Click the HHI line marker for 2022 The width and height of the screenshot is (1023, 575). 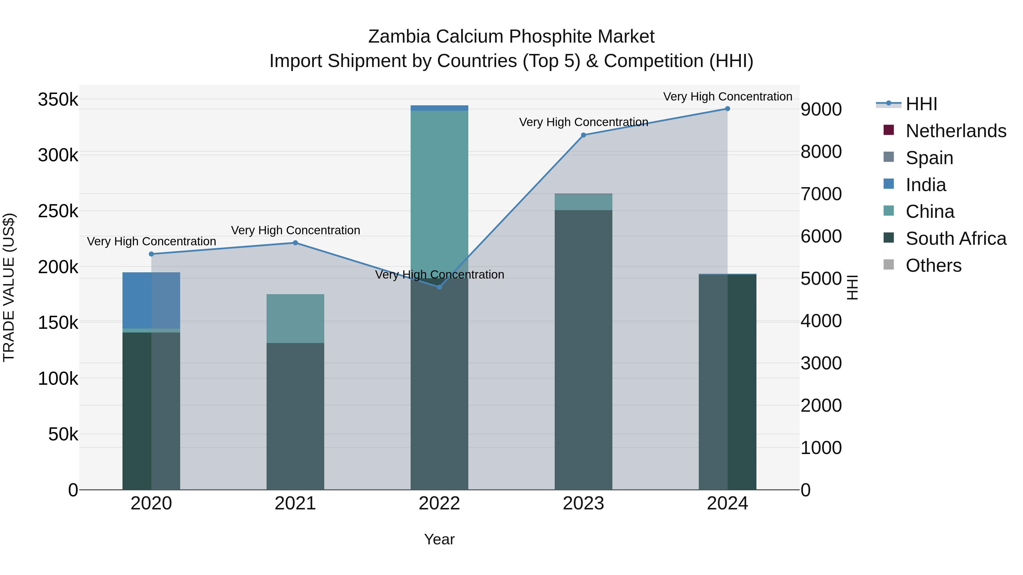pyautogui.click(x=439, y=287)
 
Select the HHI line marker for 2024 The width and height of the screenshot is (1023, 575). pyautogui.click(x=727, y=109)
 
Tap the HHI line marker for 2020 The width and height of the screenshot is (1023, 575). pyautogui.click(x=151, y=254)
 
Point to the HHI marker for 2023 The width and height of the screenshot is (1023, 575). pyautogui.click(x=583, y=135)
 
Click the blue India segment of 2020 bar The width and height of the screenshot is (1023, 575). pyautogui.click(x=151, y=300)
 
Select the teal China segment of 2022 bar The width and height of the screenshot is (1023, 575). pyautogui.click(x=439, y=191)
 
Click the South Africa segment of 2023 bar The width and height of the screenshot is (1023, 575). pyautogui.click(x=583, y=349)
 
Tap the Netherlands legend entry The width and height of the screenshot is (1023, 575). pyautogui.click(x=955, y=131)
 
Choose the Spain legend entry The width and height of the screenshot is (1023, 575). pyautogui.click(x=929, y=158)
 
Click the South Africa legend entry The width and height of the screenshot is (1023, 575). pyautogui.click(x=955, y=239)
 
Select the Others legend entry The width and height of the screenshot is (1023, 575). pyautogui.click(x=933, y=265)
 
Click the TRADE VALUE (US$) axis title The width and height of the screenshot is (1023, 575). pyautogui.click(x=9, y=287)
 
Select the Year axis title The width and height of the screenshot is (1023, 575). pyautogui.click(x=439, y=539)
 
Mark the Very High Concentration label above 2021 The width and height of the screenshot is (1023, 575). pyautogui.click(x=296, y=230)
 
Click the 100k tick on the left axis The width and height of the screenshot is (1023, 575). pyautogui.click(x=58, y=379)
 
